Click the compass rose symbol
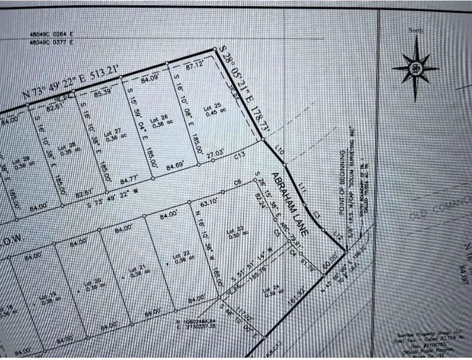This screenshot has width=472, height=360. click(x=415, y=69)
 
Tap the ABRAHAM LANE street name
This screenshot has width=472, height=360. click(x=291, y=202)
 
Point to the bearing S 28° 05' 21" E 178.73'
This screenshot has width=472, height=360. click(x=243, y=88)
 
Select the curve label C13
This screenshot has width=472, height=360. click(x=240, y=155)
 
